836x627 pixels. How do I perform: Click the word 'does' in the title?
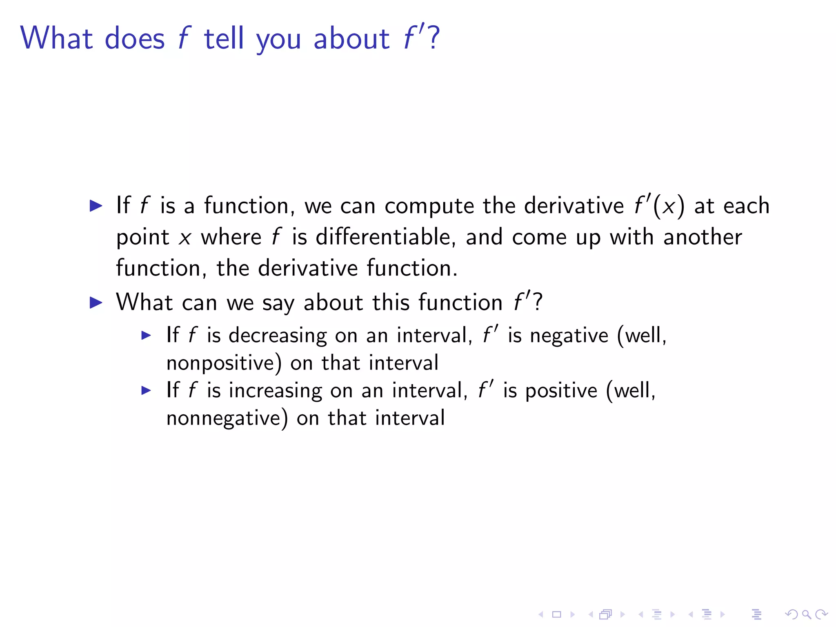[135, 38]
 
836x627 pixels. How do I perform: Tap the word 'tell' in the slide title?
[224, 38]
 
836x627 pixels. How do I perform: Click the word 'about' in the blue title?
[351, 38]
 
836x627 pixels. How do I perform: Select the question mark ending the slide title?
[434, 38]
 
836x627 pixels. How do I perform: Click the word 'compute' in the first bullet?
[429, 206]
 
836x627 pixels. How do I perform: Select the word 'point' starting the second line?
[142, 238]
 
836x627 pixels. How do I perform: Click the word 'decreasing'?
[278, 336]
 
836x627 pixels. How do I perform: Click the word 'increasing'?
[275, 391]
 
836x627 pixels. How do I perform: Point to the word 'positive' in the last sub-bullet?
[561, 391]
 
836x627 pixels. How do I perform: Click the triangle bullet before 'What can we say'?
[96, 302]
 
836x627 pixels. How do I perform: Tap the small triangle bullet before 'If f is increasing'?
[146, 391]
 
